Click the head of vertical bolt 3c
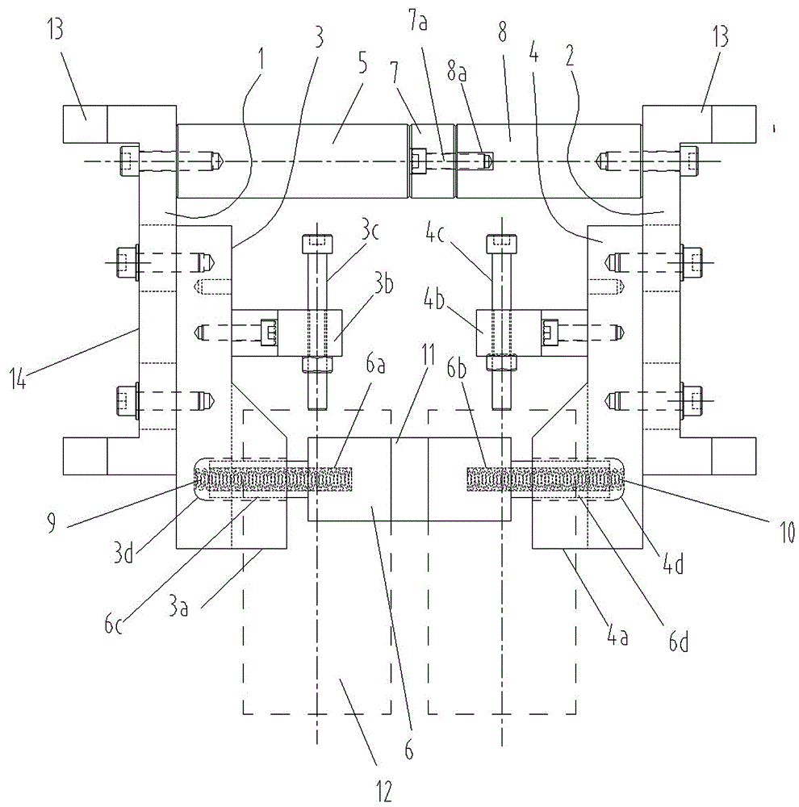pos(316,242)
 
